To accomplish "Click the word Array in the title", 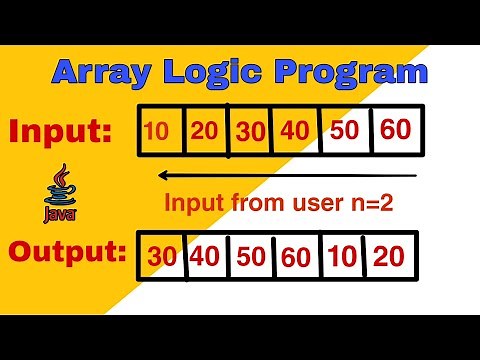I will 99,72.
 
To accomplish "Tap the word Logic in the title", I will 212,72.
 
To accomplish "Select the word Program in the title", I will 343,72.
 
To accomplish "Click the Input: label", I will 60,131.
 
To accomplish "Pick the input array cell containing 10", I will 158,130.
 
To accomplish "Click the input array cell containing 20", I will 205,130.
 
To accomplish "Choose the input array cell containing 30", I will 252,130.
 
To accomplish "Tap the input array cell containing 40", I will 298,130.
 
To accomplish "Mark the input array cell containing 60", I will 396,130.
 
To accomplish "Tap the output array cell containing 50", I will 250,256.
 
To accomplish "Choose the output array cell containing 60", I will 298,256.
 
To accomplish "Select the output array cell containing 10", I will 342,256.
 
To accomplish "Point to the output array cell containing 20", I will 390,256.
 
